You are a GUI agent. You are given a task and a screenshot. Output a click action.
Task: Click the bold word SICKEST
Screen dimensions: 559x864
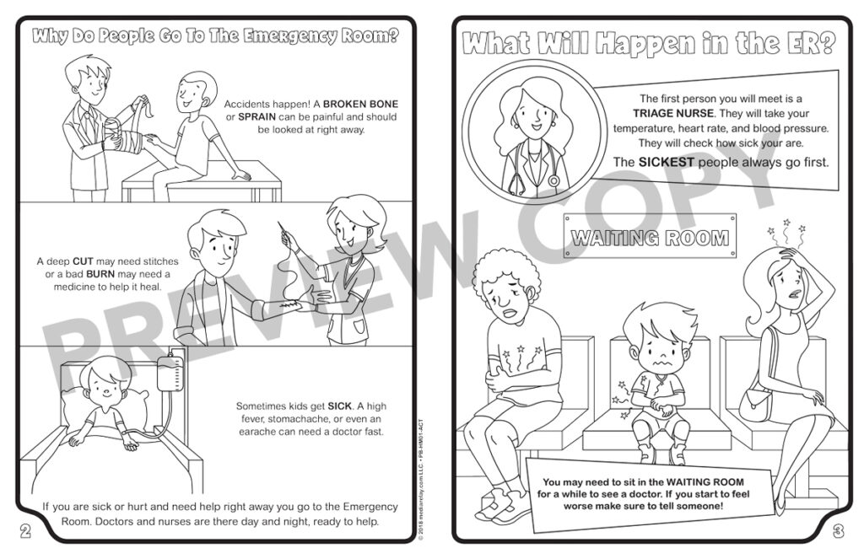670,162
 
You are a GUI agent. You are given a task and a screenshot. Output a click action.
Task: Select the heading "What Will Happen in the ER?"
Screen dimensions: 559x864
649,43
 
